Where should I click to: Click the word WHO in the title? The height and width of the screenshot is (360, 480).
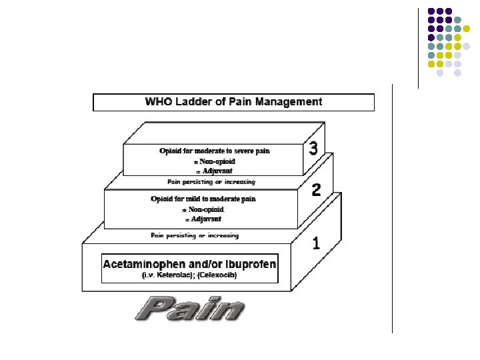coord(157,102)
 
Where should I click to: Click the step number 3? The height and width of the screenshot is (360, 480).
coord(313,149)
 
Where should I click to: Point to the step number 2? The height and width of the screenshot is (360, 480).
coord(316,189)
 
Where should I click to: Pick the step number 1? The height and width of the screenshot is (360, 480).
coord(315,243)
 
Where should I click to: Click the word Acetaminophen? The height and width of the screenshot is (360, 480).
coord(145,264)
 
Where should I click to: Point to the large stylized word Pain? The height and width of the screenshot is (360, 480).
coord(190,309)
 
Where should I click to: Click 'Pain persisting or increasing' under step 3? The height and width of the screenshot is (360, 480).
coord(211,181)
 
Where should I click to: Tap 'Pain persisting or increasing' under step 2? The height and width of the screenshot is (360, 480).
coord(194,235)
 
